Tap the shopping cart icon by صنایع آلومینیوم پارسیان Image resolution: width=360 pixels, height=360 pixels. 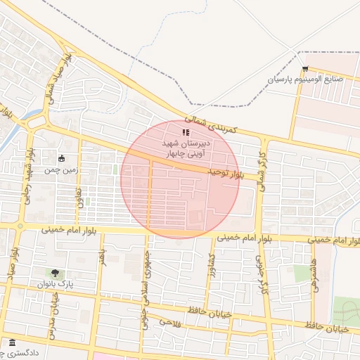tap(305, 68)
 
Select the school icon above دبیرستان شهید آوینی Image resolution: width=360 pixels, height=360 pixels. tap(186, 131)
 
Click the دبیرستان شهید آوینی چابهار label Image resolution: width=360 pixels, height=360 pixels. tap(186, 147)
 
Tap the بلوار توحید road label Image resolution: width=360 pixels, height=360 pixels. tap(225, 172)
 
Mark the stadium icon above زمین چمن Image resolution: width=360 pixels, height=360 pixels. tap(62, 158)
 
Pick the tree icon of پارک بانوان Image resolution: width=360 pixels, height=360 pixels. tap(55, 273)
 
